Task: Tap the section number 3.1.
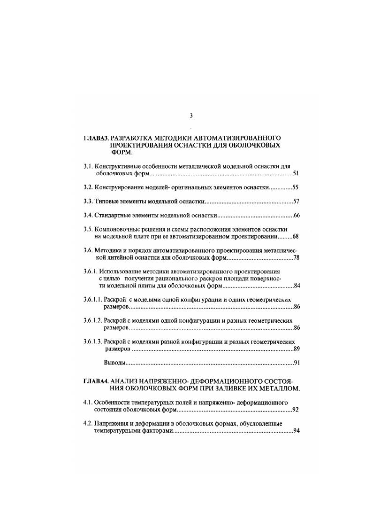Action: click(88, 166)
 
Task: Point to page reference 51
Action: click(296, 174)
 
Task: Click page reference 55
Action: click(296, 188)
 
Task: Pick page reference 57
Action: click(296, 202)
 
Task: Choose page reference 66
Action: click(296, 216)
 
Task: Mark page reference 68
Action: click(296, 237)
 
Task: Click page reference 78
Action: click(296, 258)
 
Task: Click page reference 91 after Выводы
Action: click(297, 363)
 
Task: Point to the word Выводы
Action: click(114, 363)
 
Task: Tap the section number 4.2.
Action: click(88, 424)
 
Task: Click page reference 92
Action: click(296, 410)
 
